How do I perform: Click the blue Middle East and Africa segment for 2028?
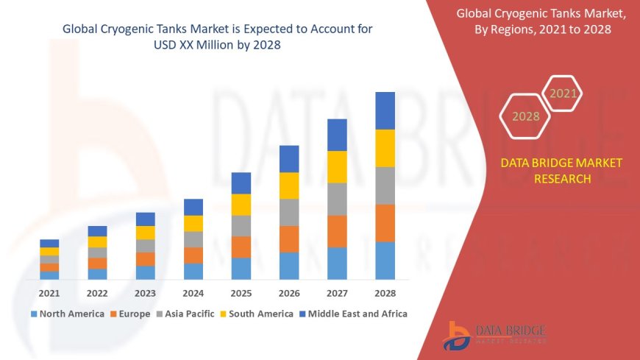385,110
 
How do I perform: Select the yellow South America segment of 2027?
337,166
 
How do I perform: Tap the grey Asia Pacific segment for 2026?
289,212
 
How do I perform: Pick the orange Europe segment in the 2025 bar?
241,247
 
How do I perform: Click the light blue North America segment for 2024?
193,271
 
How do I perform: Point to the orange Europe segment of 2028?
385,223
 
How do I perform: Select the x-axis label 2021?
49,292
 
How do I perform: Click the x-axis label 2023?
145,292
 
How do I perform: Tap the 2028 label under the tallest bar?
385,292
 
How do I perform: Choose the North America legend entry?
67,314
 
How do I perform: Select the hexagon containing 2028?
525,116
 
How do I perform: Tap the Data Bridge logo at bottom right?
494,335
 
